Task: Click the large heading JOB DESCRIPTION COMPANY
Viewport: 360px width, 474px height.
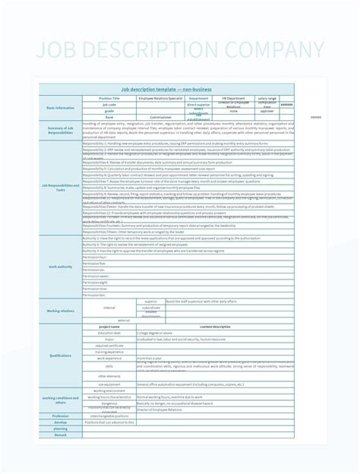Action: pos(180,51)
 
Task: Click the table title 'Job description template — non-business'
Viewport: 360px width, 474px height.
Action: pos(166,89)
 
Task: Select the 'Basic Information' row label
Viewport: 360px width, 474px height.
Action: pos(61,108)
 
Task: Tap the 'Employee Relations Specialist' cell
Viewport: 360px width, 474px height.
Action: pos(160,98)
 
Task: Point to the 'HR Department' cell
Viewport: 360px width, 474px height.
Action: pos(233,98)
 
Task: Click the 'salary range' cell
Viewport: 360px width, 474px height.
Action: pos(267,98)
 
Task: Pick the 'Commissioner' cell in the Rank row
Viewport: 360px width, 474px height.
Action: pos(160,117)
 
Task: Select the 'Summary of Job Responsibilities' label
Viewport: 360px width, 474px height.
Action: pos(61,130)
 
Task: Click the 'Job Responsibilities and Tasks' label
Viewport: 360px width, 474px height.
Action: pos(61,187)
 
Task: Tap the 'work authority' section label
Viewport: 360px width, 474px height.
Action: pos(61,266)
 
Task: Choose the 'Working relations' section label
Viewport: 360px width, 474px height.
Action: pos(61,311)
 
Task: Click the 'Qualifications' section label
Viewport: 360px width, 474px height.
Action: pos(61,355)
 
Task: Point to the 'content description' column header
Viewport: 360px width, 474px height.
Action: pos(215,327)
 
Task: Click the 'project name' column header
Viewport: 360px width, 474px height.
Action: pos(109,327)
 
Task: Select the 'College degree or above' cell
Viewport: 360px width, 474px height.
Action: pos(154,333)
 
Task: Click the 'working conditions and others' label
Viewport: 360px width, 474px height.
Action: pos(61,400)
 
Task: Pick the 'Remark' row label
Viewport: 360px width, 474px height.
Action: pos(61,435)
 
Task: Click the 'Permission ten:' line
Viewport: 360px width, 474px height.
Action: pos(94,295)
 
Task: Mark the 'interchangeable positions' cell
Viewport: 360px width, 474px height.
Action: pos(109,416)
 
